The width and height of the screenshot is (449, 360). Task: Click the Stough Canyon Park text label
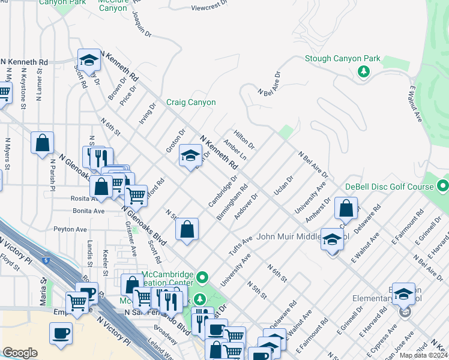343,59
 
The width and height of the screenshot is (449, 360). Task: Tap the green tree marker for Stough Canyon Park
363,72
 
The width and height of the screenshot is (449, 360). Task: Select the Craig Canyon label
191,103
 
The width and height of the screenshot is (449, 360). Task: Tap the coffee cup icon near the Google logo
60,333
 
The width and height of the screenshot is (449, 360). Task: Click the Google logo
20,353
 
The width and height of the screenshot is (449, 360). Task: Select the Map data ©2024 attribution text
424,355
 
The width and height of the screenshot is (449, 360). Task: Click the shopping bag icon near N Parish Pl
42,143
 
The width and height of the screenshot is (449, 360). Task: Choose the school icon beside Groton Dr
190,156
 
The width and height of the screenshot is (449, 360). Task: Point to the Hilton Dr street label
244,141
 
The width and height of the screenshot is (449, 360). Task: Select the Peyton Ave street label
71,229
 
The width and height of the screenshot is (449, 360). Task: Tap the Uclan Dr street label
283,185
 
